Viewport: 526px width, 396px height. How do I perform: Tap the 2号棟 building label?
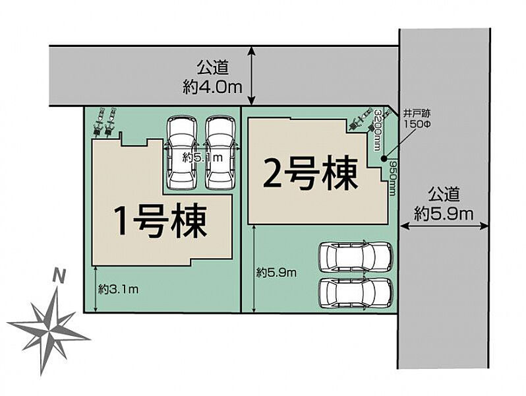tap(310, 174)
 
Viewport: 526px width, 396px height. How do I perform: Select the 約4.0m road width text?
tap(212, 88)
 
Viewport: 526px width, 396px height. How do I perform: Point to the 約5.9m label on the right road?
tap(444, 214)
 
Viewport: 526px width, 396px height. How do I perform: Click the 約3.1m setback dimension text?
tap(119, 289)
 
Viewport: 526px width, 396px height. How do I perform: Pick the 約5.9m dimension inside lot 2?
tap(276, 273)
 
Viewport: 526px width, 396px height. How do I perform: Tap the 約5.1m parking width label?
tap(202, 157)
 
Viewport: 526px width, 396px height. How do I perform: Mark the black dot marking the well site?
tap(384, 158)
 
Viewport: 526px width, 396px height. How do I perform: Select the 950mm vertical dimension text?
tap(392, 178)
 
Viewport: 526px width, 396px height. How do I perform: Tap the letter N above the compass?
tap(59, 277)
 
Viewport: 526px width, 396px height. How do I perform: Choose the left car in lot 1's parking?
tap(181, 152)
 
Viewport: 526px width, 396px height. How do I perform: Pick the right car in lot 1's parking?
tap(220, 152)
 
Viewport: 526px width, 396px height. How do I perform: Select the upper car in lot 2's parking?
tap(355, 257)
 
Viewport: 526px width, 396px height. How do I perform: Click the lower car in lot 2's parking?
tap(355, 293)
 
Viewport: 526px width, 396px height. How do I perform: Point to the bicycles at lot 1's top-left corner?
tap(104, 122)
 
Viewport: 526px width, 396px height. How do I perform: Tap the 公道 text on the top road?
tap(212, 67)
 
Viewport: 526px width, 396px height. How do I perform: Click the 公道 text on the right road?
tap(444, 194)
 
